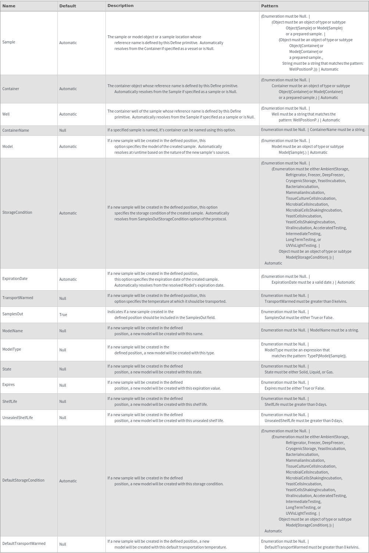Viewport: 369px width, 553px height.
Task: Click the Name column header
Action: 9,6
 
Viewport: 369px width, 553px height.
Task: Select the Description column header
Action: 120,6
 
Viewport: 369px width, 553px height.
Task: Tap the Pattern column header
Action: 269,6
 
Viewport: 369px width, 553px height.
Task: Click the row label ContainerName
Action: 15,130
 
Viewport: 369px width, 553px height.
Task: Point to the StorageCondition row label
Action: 17,212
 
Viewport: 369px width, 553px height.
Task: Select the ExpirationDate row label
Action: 15,279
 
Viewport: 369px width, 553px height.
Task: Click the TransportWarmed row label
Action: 18,298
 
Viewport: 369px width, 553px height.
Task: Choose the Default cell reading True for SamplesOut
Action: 63,315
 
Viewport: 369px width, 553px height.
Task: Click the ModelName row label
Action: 12,331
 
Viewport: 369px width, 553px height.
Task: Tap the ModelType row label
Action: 12,349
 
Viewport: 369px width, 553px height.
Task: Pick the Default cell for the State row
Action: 63,369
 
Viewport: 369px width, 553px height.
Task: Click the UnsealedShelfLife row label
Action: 18,418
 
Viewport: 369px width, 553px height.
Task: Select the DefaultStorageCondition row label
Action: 23,480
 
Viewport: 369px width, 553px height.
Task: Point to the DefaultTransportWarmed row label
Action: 24,543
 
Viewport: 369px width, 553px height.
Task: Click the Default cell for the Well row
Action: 68,114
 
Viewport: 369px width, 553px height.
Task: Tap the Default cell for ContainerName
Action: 63,130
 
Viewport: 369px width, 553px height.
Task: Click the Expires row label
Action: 8,384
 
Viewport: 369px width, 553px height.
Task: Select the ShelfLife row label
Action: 10,401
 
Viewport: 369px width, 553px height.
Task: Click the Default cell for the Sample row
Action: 68,43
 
